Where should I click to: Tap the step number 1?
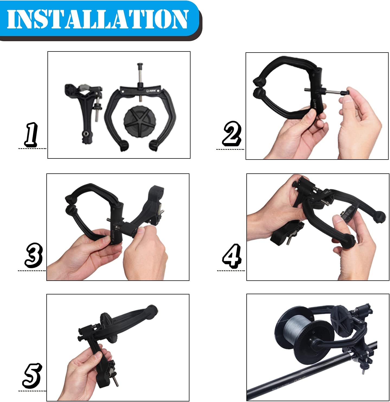(x=31, y=134)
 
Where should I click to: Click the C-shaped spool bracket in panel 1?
(x=114, y=114)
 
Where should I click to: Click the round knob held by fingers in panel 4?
(x=347, y=214)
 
